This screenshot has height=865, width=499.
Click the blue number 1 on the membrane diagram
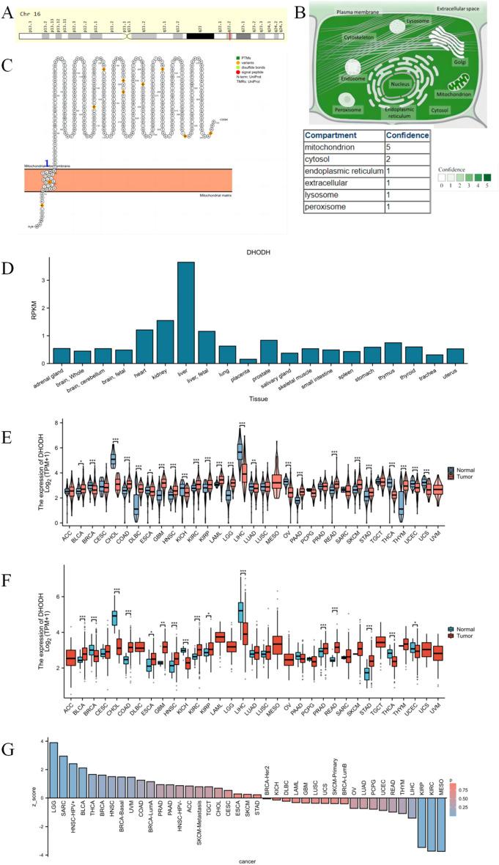48,163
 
